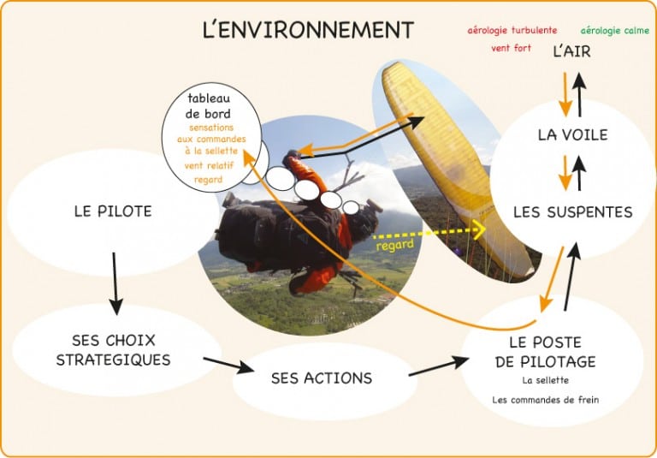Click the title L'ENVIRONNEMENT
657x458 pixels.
click(x=308, y=30)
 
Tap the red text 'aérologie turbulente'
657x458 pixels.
click(x=512, y=30)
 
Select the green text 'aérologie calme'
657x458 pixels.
click(x=615, y=31)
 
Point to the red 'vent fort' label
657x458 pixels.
click(x=512, y=48)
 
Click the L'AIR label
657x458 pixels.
click(x=572, y=51)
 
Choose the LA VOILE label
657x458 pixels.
click(x=573, y=134)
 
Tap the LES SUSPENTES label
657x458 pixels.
click(x=573, y=212)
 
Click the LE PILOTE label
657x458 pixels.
click(x=113, y=211)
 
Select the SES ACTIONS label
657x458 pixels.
click(x=322, y=378)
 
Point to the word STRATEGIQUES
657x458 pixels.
click(x=114, y=360)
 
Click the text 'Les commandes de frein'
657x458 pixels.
click(x=546, y=400)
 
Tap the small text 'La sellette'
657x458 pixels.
click(x=546, y=380)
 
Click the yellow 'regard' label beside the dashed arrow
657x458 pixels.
click(x=394, y=246)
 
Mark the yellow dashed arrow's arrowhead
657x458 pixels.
click(x=479, y=229)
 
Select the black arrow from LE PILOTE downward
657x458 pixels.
click(x=115, y=283)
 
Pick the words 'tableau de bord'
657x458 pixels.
click(x=209, y=106)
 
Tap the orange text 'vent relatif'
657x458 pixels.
click(x=209, y=166)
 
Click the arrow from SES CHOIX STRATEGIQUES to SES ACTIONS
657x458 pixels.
click(x=228, y=366)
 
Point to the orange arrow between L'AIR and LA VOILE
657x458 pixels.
click(x=565, y=94)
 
